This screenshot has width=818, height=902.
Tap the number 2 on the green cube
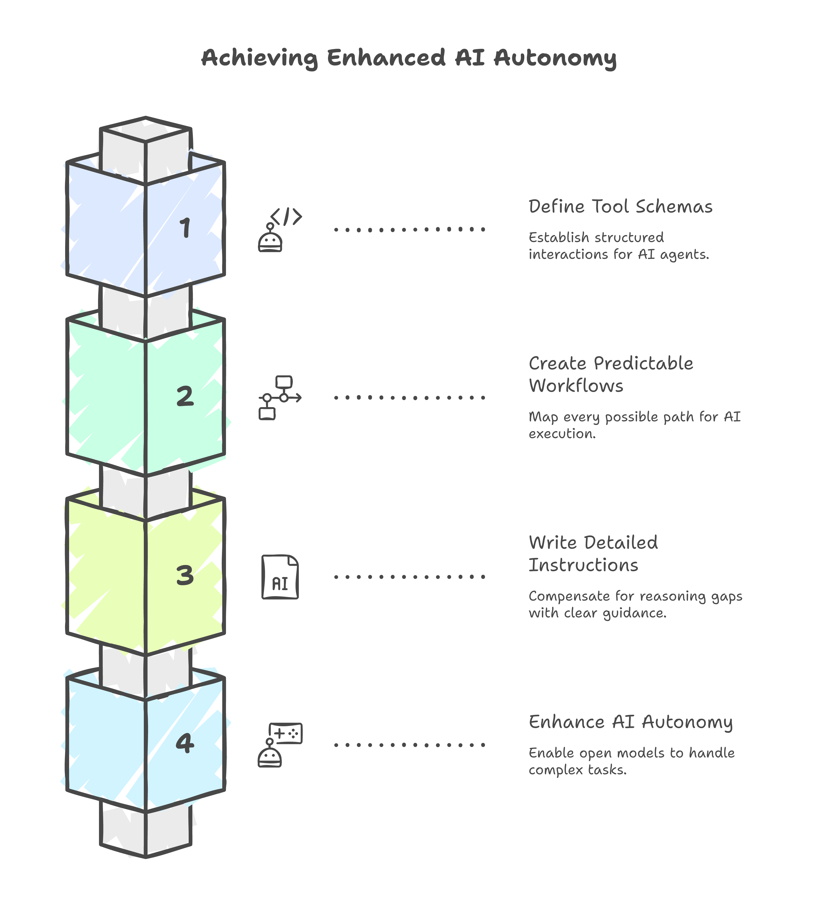(x=185, y=396)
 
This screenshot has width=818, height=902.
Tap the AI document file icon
(x=280, y=577)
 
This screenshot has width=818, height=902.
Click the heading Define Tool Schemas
(x=620, y=207)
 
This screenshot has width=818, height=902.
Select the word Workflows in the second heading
(x=576, y=386)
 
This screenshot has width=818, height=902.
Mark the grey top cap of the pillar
(x=145, y=130)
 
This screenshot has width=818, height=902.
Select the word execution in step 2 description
(x=562, y=433)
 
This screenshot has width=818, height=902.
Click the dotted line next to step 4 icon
(x=409, y=745)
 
